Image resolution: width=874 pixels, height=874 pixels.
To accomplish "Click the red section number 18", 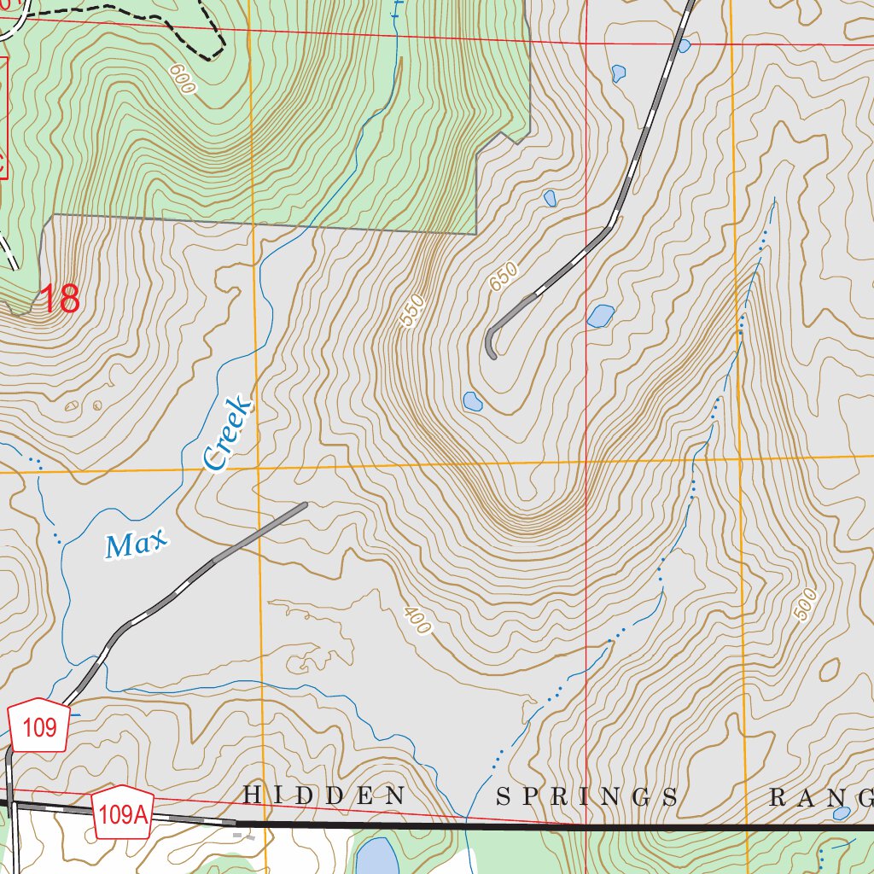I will [x=60, y=300].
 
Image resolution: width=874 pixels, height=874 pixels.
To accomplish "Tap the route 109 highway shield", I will [x=40, y=727].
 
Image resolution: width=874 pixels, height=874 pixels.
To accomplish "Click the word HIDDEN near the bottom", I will [x=324, y=796].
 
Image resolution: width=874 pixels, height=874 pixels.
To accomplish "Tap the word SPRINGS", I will [x=588, y=797].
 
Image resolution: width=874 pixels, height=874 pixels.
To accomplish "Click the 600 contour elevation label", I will [x=182, y=79].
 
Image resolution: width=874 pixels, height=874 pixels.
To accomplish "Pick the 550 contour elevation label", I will [x=411, y=312].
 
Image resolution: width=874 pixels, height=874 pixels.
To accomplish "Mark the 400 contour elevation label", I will [x=417, y=621].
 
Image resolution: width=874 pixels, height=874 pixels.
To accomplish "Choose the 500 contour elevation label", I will [x=804, y=603].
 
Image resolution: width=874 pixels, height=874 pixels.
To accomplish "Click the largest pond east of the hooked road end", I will [x=601, y=317].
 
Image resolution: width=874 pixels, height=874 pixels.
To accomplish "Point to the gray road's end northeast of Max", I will [x=304, y=504].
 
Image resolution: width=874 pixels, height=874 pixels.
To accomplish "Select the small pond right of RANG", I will [x=842, y=813].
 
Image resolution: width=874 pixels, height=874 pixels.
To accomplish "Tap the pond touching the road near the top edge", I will [x=684, y=45].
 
